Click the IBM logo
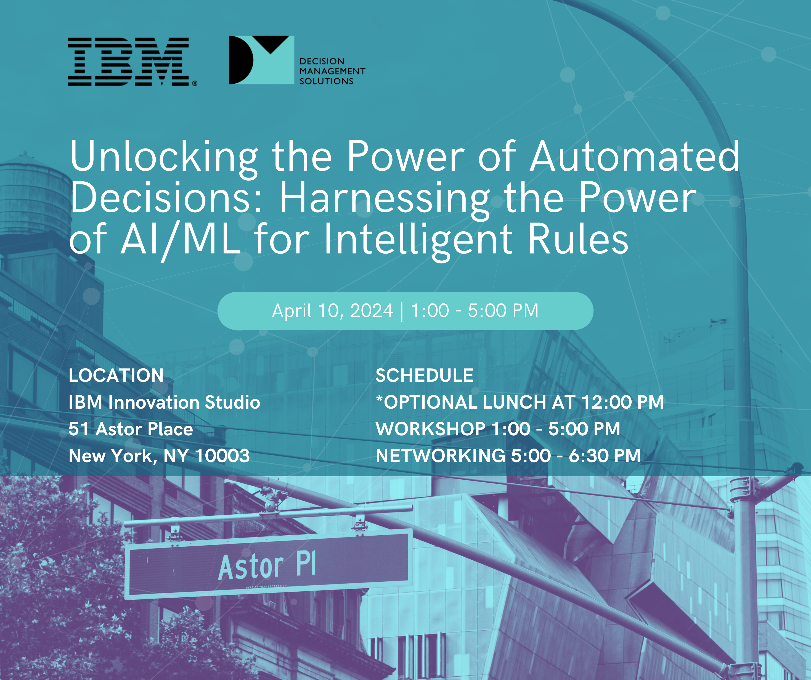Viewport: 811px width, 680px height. (129, 62)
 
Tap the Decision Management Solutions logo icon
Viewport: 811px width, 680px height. (261, 60)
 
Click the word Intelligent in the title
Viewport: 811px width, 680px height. (419, 240)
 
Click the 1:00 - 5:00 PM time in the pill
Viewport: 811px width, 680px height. (475, 311)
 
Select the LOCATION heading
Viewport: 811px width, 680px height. (116, 375)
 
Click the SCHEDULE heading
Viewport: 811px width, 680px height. (425, 375)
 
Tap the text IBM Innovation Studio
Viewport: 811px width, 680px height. (165, 402)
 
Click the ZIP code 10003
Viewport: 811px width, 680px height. (222, 456)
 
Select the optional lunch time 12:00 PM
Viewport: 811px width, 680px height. (622, 402)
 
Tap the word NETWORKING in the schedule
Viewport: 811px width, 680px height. (441, 456)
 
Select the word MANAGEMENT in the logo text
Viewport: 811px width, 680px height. (333, 71)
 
